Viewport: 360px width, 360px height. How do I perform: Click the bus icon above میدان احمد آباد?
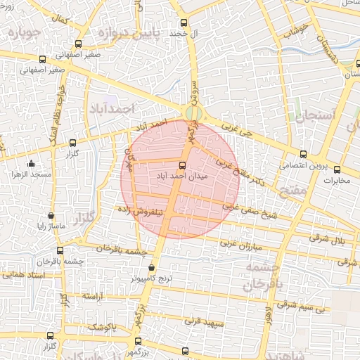pos(183,166)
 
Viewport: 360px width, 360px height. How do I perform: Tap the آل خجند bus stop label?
pos(187,33)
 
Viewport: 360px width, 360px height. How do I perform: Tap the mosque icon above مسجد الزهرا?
pos(14,172)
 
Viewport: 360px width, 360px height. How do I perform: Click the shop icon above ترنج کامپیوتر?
pos(153,267)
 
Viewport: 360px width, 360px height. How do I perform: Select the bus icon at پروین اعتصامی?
pos(303,155)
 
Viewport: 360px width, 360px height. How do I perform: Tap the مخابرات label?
pos(335,180)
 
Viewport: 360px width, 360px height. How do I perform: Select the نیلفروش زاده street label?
pos(143,209)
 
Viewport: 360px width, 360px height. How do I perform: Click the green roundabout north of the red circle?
pos(191,112)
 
